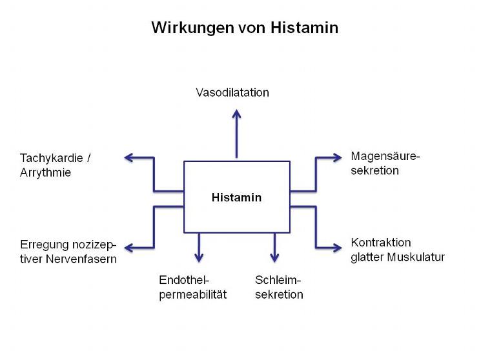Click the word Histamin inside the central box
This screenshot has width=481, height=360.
pyautogui.click(x=236, y=197)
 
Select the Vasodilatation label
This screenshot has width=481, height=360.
pyautogui.click(x=232, y=92)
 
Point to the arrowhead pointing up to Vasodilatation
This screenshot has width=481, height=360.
pyautogui.click(x=237, y=114)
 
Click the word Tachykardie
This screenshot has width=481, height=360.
pyautogui.click(x=50, y=157)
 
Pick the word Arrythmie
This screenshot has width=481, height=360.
pyautogui.click(x=45, y=173)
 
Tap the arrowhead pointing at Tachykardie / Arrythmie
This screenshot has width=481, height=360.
pyautogui.click(x=128, y=157)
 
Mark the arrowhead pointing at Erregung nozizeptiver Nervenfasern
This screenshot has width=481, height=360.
pyautogui.click(x=128, y=248)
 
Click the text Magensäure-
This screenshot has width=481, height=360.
pyautogui.click(x=385, y=156)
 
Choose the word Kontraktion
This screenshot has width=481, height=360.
pyautogui.click(x=381, y=243)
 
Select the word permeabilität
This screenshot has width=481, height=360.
pyautogui.click(x=193, y=295)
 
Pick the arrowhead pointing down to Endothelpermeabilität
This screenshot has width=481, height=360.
pyautogui.click(x=199, y=257)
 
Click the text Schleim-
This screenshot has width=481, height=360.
pyautogui.click(x=278, y=280)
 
